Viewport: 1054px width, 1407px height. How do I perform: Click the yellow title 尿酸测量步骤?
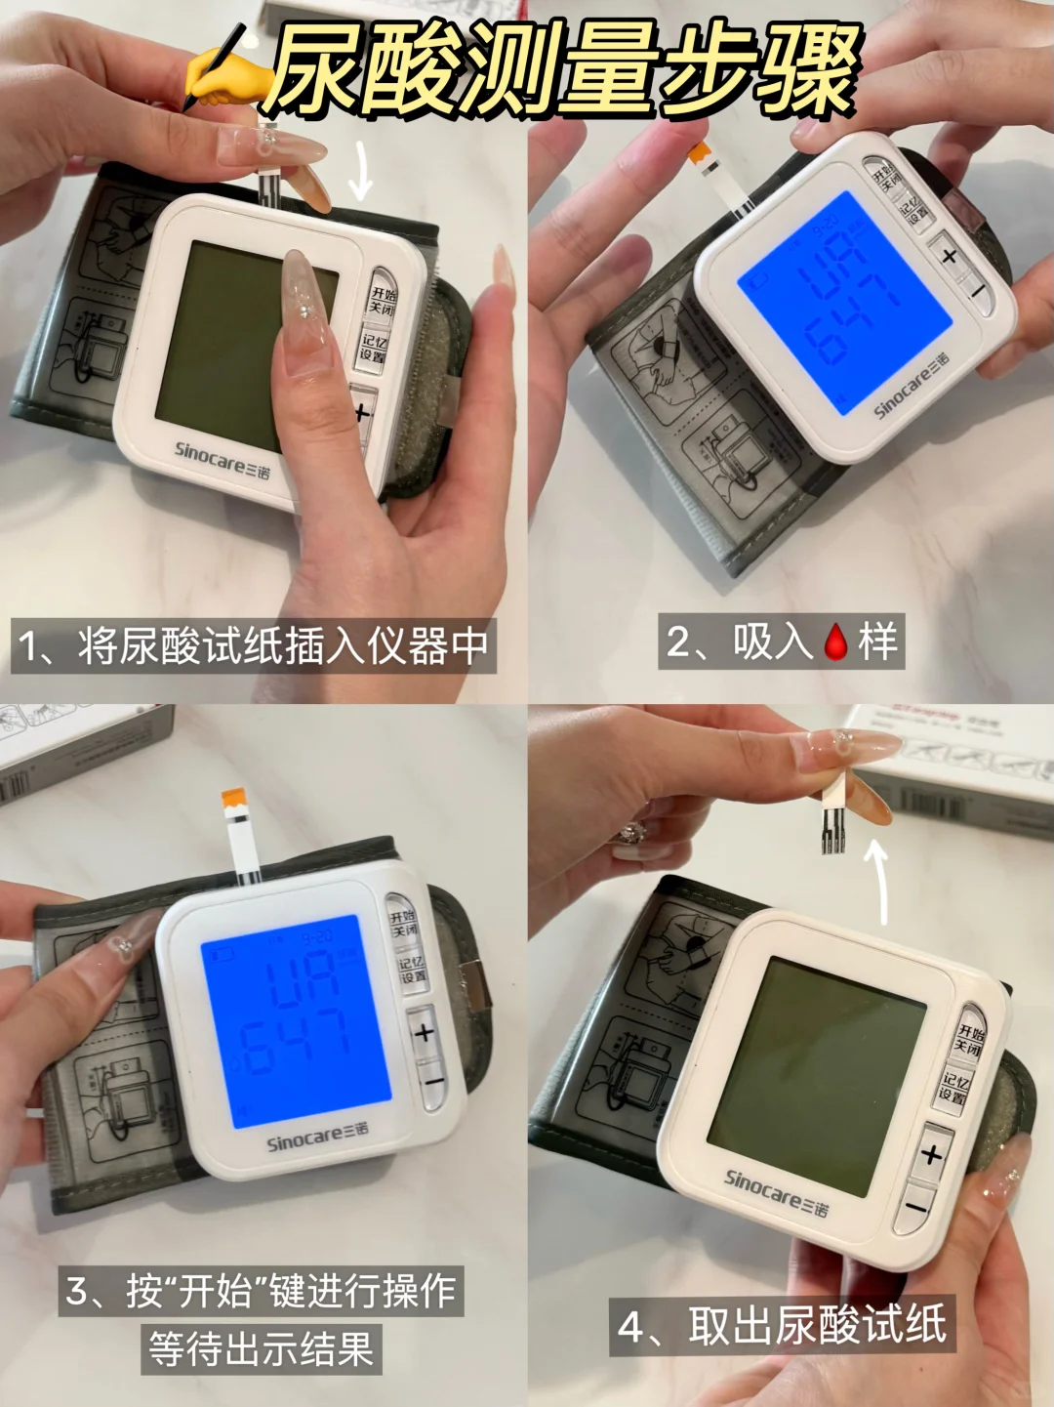[564, 70]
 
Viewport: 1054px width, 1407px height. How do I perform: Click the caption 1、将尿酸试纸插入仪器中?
[254, 646]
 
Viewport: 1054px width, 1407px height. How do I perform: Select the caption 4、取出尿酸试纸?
[783, 1326]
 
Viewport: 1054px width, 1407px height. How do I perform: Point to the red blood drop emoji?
[836, 641]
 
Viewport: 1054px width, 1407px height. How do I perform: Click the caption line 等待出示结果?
[262, 1349]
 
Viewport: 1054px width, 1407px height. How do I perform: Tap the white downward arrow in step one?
[361, 171]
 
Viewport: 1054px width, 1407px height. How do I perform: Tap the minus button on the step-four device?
[915, 1208]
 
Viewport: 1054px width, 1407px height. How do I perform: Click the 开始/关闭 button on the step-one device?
[383, 300]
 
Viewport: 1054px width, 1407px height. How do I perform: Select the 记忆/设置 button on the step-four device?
[954, 1088]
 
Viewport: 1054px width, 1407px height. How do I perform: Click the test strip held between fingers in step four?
[832, 810]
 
